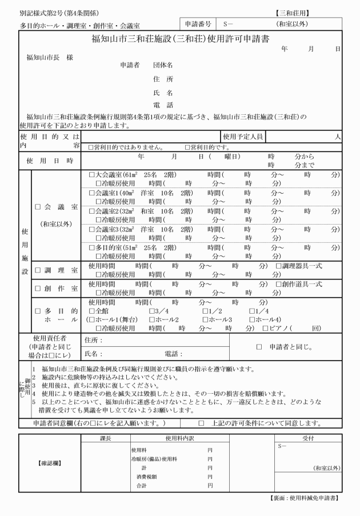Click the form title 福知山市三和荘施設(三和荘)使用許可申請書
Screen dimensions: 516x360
pos(181,39)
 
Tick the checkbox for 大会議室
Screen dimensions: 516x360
pos(91,174)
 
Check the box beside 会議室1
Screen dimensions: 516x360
pos(91,193)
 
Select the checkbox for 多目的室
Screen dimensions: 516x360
pos(91,247)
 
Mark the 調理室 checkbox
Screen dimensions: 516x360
pos(38,270)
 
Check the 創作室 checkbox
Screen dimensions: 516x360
pos(38,289)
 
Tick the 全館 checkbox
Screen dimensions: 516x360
pos(91,310)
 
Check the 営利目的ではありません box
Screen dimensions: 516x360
pos(91,147)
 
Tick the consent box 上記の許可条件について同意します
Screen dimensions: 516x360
pos(201,423)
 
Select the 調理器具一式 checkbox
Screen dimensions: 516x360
pos(278,266)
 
